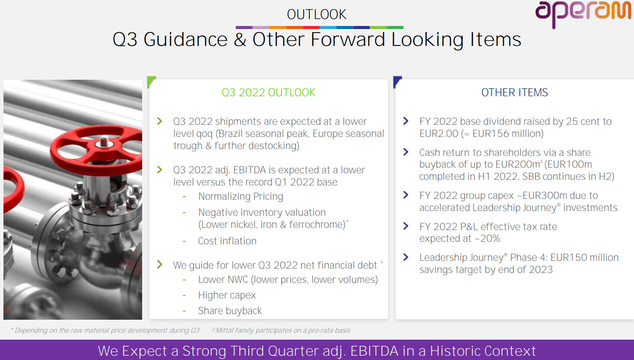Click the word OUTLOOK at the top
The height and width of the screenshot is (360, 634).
coord(316,14)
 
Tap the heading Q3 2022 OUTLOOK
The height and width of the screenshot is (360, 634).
coord(268,93)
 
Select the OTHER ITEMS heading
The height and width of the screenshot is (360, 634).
coord(514,93)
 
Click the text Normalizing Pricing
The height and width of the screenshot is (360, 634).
coord(241,196)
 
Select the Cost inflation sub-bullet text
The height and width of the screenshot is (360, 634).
coord(227,241)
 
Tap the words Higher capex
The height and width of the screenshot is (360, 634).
coord(227,295)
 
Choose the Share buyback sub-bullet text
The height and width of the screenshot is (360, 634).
coord(230,311)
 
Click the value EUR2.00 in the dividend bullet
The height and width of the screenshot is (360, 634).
coord(439,133)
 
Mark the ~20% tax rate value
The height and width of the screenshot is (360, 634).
coord(487,239)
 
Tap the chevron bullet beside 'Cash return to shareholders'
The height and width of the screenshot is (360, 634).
coord(406,152)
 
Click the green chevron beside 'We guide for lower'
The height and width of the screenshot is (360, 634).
coord(159,265)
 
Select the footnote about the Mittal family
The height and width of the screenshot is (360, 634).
coord(281,330)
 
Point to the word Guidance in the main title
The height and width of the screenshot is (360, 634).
coord(185,39)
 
